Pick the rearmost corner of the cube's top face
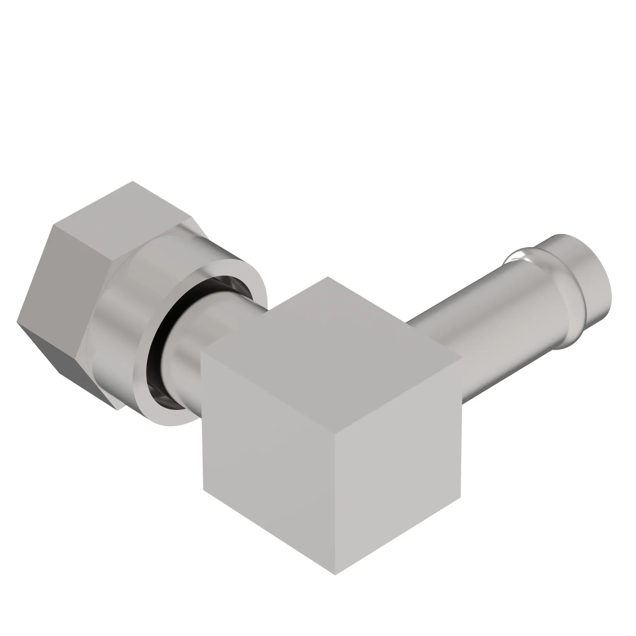(327, 277)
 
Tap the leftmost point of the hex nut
(17, 321)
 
